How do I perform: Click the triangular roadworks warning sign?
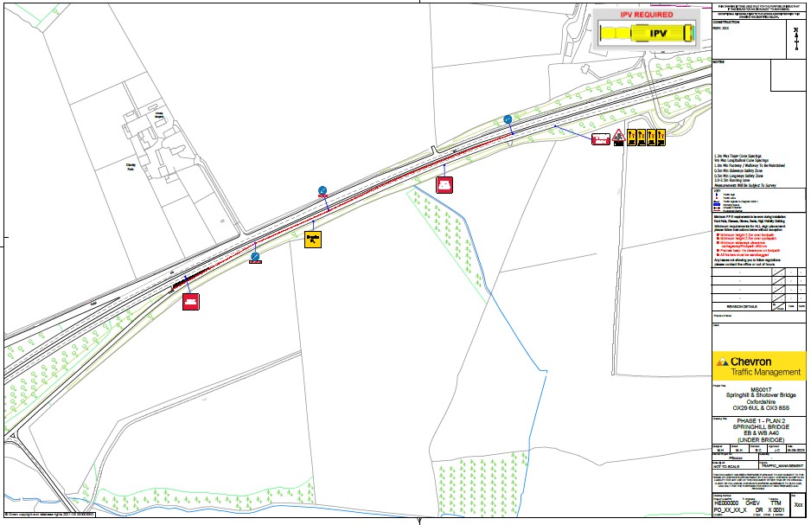click(x=619, y=136)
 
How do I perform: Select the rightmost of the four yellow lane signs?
click(x=661, y=136)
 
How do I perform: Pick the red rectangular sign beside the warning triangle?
click(x=600, y=138)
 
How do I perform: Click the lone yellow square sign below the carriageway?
click(x=314, y=238)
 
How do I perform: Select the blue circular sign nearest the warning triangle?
click(x=508, y=119)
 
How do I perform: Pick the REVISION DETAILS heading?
click(x=742, y=306)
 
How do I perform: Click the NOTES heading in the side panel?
click(x=718, y=63)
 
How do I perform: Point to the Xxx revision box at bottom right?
click(x=798, y=502)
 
